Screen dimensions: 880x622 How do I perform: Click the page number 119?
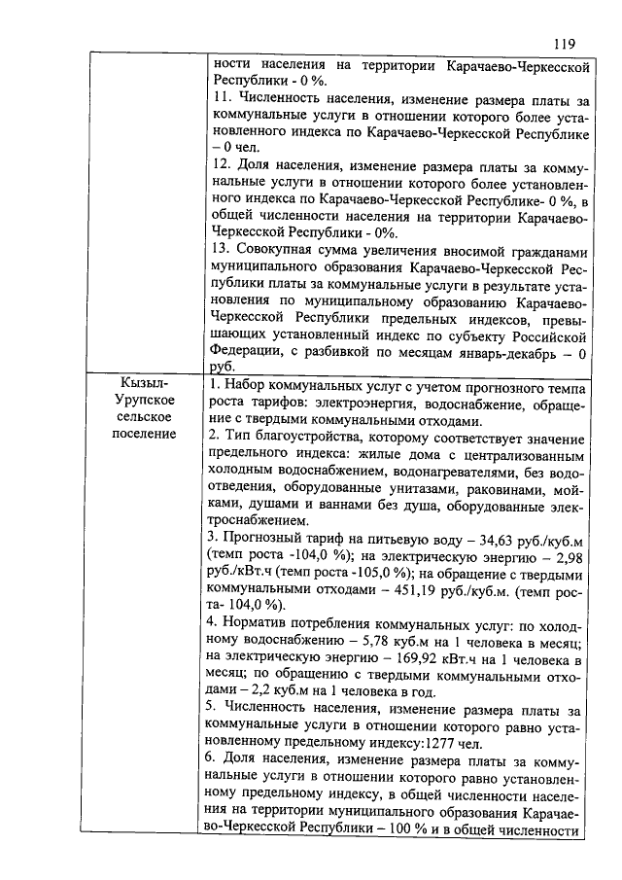[x=565, y=44]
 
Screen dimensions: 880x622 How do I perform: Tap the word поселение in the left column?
[x=143, y=434]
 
